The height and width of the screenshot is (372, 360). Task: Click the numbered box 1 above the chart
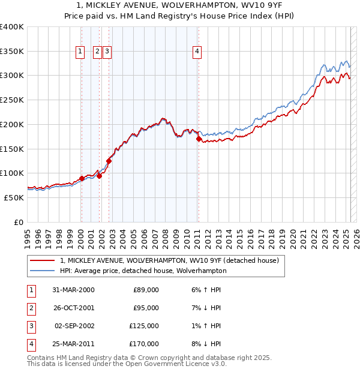(80, 52)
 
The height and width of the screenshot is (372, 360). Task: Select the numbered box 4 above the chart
(197, 52)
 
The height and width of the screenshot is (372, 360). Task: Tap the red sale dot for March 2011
(198, 139)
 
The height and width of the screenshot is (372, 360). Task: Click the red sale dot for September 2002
(109, 161)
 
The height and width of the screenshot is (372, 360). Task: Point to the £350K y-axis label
(12, 52)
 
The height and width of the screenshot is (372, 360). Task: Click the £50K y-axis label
(14, 197)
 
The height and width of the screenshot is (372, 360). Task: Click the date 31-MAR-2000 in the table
(73, 290)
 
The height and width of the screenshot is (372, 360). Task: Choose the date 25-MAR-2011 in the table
(73, 344)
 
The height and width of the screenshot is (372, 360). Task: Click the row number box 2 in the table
(30, 308)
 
